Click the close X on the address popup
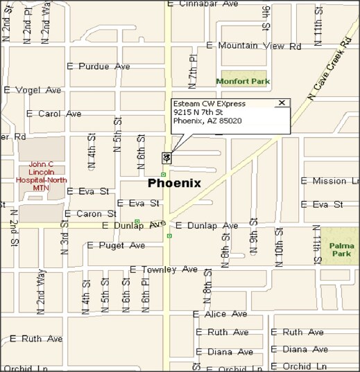pos(281,103)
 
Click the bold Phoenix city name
pos(174,184)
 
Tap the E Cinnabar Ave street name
pos(203,3)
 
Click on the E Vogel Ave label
pos(33,90)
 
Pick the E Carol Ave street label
pos(54,114)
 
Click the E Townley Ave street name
pos(164,269)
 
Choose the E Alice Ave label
pos(221,315)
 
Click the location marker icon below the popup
pos(166,157)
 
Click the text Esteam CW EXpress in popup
pos(209,104)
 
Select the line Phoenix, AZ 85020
pos(207,121)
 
